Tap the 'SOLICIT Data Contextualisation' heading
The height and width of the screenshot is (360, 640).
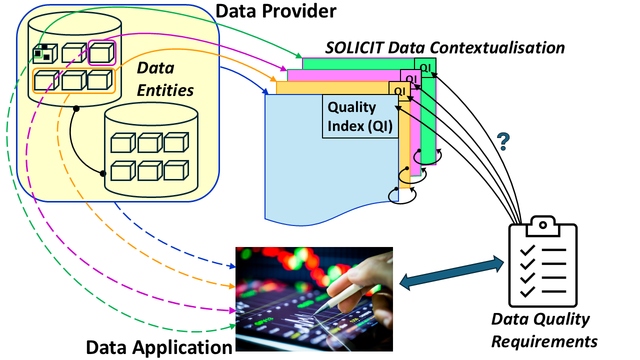(445, 47)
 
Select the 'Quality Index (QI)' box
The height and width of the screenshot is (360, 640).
(360, 116)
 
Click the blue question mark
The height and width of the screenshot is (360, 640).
(503, 142)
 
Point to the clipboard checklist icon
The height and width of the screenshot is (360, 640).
(542, 262)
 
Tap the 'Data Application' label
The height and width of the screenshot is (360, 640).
(159, 347)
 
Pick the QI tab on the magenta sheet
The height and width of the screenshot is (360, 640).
(410, 78)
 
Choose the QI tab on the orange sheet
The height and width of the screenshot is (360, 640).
(399, 90)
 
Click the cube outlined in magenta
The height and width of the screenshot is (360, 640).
(102, 52)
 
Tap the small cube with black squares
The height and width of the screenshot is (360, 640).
(42, 52)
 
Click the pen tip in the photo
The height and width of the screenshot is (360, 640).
(316, 313)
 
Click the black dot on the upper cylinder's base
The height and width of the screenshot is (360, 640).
(76, 108)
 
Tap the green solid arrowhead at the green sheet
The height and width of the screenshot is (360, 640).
(299, 55)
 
